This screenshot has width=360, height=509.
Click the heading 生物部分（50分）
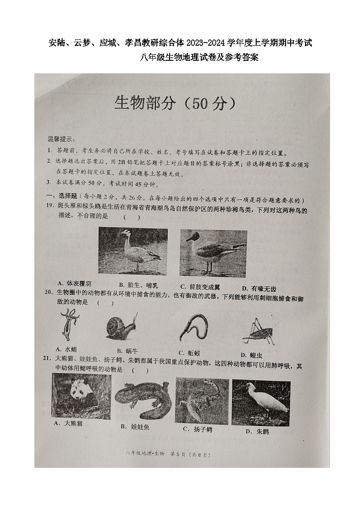point(175,104)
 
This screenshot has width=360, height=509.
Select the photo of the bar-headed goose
point(133,251)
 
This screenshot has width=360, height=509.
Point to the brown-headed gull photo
point(213,253)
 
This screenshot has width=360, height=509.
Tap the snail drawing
point(122,326)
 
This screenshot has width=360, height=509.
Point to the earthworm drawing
point(194,327)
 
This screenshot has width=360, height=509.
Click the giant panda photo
point(81,396)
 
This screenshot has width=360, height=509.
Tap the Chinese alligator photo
point(201,400)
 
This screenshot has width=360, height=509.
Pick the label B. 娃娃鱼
point(135,427)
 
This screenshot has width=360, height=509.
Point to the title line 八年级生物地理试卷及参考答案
point(199,57)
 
